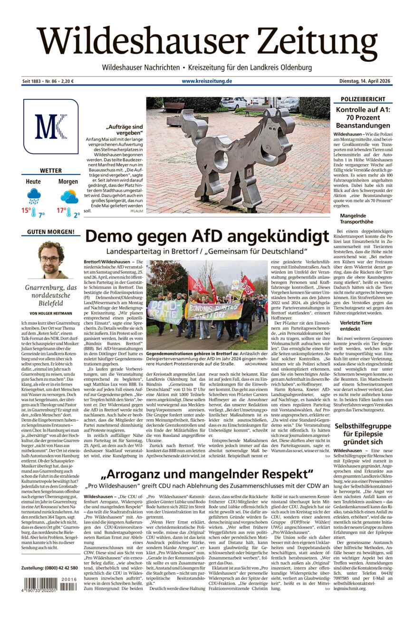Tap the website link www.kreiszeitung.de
tap(207, 81)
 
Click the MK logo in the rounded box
tap(50, 126)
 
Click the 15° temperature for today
tap(27, 210)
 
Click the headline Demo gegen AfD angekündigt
tap(207, 236)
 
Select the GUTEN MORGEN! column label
tap(50, 232)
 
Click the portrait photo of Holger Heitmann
tap(51, 260)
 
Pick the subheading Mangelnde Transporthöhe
tap(356, 219)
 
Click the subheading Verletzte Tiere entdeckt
tap(356, 326)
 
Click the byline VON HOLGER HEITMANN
tap(50, 313)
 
